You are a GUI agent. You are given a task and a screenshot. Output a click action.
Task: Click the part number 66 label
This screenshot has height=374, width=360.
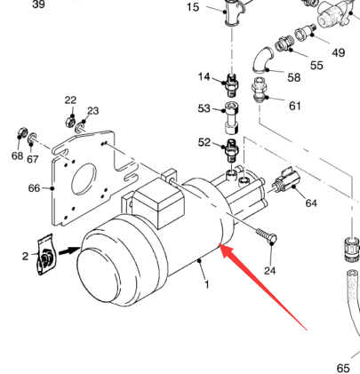[x=34, y=188]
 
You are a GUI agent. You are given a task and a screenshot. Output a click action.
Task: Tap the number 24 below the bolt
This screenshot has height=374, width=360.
[x=270, y=270]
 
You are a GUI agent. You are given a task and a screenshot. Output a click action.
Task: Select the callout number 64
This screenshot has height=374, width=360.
[x=311, y=203]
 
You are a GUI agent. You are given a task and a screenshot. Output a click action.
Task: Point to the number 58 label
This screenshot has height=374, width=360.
[x=294, y=77]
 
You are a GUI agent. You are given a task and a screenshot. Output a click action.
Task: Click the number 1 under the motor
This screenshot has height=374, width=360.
[x=207, y=284]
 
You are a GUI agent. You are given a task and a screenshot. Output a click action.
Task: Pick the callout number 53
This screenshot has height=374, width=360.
[x=204, y=108]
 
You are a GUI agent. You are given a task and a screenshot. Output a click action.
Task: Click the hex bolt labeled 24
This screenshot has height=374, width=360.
[x=267, y=235]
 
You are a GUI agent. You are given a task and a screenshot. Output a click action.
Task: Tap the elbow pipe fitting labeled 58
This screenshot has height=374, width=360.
[x=262, y=60]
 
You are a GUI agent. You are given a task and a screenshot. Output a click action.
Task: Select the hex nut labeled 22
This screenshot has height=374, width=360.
[x=70, y=122]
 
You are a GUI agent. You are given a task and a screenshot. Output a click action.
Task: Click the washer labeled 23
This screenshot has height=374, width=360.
[x=80, y=128]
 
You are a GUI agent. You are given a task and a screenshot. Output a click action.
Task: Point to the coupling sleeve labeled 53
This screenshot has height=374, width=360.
[x=232, y=118]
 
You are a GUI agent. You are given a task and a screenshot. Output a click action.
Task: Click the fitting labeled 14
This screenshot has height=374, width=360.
[x=232, y=84]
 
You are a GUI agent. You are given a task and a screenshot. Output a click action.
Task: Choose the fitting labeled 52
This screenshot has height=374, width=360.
[x=232, y=150]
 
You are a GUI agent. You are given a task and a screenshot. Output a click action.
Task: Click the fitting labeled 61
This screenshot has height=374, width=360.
[x=259, y=90]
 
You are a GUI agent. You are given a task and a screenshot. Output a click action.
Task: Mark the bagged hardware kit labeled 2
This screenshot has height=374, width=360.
[x=45, y=255]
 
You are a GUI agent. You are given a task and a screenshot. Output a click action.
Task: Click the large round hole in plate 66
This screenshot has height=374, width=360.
[x=84, y=179]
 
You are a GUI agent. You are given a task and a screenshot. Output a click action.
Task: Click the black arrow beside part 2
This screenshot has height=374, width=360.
[x=69, y=251]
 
